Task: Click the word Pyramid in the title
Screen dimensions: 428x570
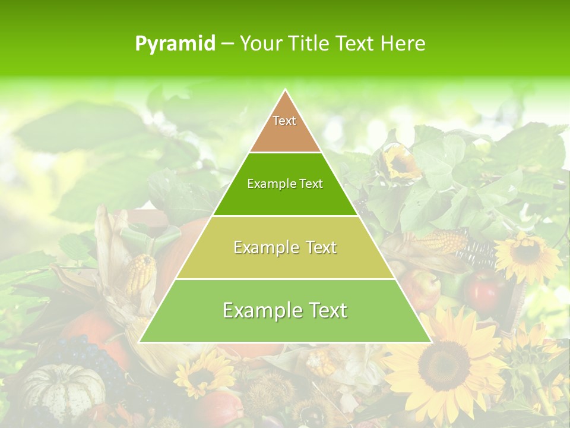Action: [175, 44]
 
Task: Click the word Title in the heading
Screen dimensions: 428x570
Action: [311, 43]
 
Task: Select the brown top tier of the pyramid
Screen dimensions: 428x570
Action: [285, 128]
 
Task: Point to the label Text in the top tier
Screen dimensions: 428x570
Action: [284, 121]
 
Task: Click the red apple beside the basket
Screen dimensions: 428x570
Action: [484, 291]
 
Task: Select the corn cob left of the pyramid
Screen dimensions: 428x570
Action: [141, 273]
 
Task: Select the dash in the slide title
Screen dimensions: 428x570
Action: [227, 44]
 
